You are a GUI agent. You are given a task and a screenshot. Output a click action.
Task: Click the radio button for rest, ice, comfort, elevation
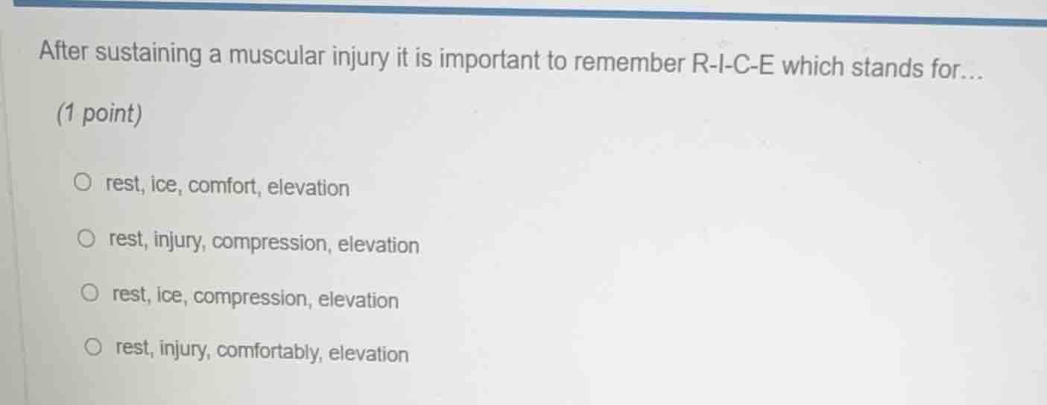tap(83, 182)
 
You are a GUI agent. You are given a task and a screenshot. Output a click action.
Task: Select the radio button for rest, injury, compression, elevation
tap(87, 239)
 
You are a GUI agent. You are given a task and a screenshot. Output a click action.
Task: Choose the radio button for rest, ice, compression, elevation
tap(90, 294)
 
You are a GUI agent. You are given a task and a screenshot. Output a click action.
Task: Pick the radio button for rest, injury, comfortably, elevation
tap(93, 347)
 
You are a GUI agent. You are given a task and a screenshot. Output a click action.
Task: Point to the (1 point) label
tap(99, 114)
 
